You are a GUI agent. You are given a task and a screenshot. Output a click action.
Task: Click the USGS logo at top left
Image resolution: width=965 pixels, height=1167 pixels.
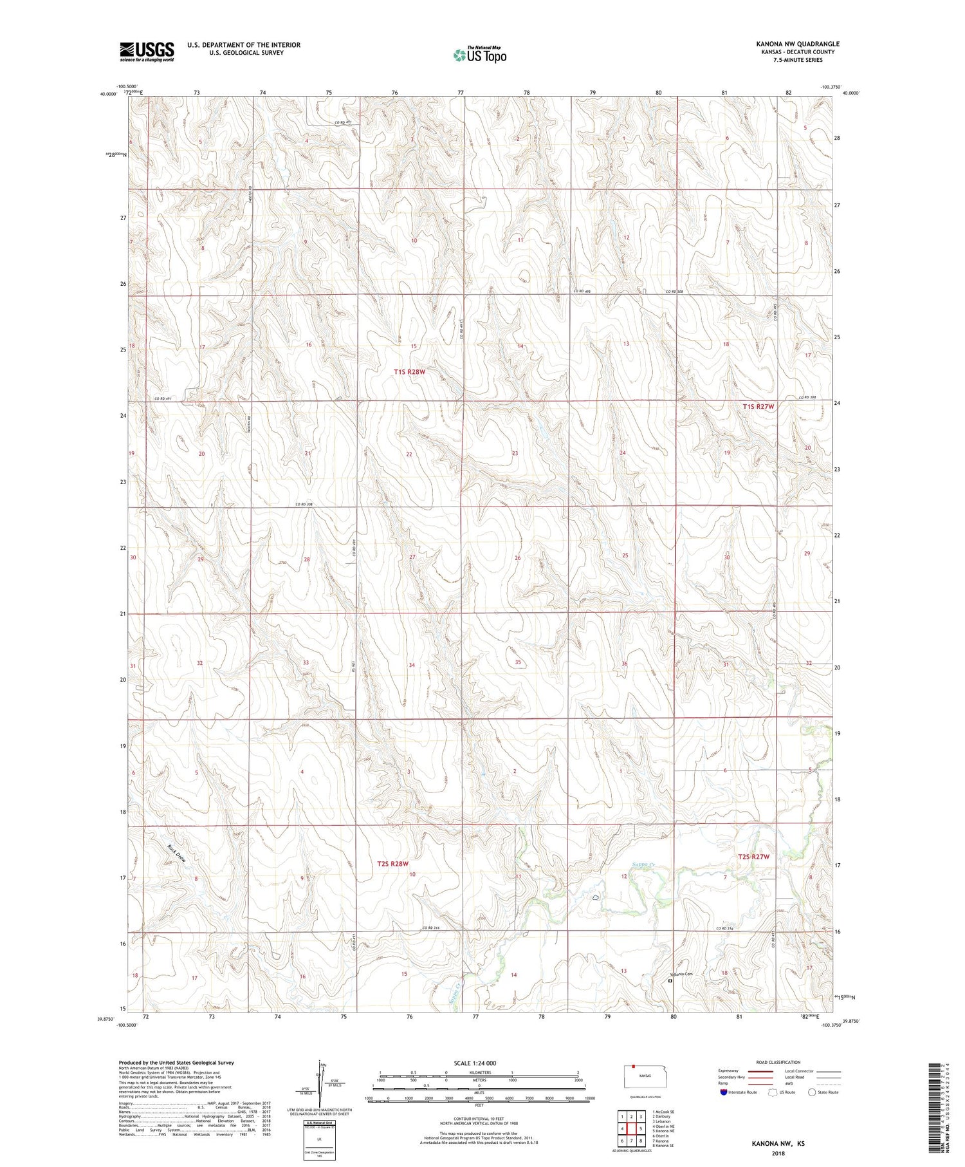point(147,51)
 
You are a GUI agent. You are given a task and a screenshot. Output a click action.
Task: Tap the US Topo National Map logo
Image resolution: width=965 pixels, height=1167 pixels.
point(479,55)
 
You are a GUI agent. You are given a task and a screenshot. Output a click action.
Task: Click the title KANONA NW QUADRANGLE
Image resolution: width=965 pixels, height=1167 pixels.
point(798,44)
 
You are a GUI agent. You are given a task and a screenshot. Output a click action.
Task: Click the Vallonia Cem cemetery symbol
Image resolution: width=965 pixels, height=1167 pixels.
point(670,982)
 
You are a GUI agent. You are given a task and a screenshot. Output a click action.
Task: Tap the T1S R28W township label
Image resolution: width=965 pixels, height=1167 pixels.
point(410,371)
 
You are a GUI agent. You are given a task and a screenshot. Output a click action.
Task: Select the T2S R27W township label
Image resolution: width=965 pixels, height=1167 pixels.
point(753,857)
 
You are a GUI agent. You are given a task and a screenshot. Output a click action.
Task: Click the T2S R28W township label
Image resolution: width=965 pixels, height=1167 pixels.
point(392,864)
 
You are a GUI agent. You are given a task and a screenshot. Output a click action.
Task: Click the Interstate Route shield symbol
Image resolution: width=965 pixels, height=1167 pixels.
point(723,1092)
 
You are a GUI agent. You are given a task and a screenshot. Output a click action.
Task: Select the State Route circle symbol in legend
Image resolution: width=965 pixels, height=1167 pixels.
point(812,1092)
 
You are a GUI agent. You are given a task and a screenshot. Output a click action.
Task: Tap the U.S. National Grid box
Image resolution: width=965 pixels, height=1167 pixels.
point(319,1139)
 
